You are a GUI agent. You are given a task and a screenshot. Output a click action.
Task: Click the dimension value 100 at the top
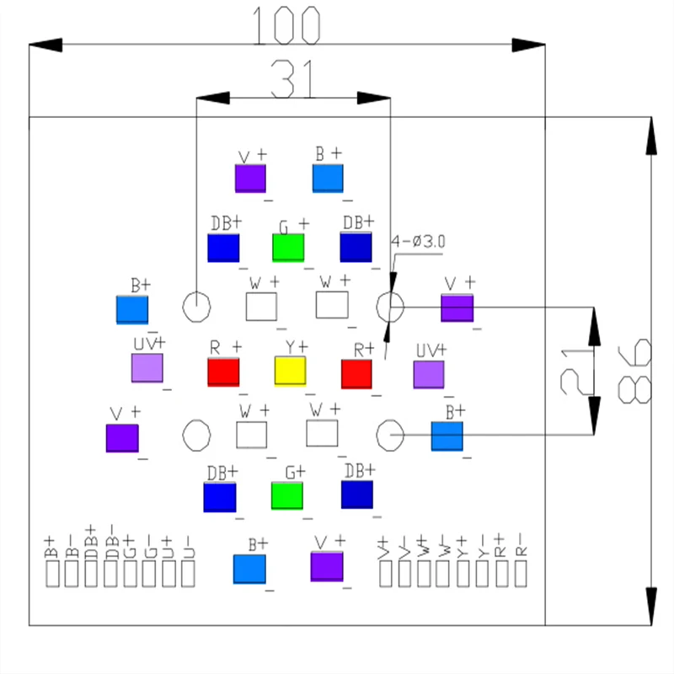(x=287, y=25)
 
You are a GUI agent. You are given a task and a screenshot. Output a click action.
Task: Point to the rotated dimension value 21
(x=574, y=372)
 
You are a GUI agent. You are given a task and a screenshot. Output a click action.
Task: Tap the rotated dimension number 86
(x=634, y=371)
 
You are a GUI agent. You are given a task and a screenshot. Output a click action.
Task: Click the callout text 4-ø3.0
(x=418, y=242)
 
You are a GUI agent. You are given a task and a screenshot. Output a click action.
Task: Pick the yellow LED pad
(x=290, y=371)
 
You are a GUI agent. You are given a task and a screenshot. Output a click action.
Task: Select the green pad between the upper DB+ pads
(x=287, y=248)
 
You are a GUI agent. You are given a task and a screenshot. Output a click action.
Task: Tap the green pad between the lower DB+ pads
(x=286, y=495)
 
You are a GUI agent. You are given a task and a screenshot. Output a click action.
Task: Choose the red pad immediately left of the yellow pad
(x=224, y=372)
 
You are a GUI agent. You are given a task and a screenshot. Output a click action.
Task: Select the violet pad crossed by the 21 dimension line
(x=457, y=308)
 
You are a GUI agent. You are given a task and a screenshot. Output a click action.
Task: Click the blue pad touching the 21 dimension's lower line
(x=447, y=436)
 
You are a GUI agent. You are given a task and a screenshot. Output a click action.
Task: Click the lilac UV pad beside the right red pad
(x=429, y=374)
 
